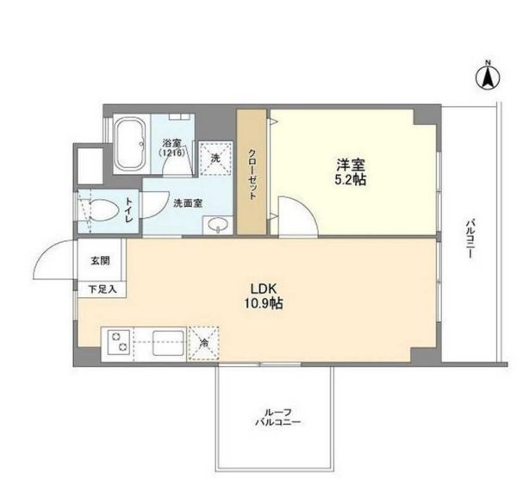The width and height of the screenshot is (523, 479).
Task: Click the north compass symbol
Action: [487, 78]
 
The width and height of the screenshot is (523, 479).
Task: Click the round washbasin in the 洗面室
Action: [216, 226]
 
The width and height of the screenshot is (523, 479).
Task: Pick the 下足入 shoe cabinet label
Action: [98, 290]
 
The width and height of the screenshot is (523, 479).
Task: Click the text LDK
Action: [263, 289]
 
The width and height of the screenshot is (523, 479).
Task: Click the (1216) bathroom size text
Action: [171, 152]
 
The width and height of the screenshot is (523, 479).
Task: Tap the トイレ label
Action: [129, 211]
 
